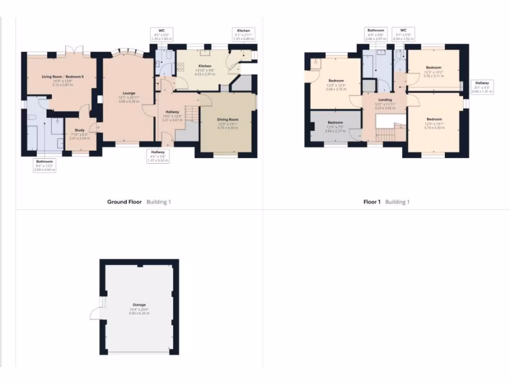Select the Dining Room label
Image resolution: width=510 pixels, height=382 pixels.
click(228, 119)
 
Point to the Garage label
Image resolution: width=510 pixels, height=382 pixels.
click(139, 304)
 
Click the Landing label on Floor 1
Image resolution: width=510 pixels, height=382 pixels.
click(384, 99)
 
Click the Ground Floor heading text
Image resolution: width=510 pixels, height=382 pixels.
click(125, 202)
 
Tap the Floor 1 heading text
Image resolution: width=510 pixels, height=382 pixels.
click(372, 202)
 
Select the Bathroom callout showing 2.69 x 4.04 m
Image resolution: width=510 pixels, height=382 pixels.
click(44, 166)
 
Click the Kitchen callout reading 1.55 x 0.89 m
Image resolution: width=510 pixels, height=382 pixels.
click(244, 34)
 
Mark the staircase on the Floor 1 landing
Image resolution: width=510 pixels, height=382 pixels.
click(384, 133)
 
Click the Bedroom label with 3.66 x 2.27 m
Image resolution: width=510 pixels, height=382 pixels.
click(335, 122)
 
